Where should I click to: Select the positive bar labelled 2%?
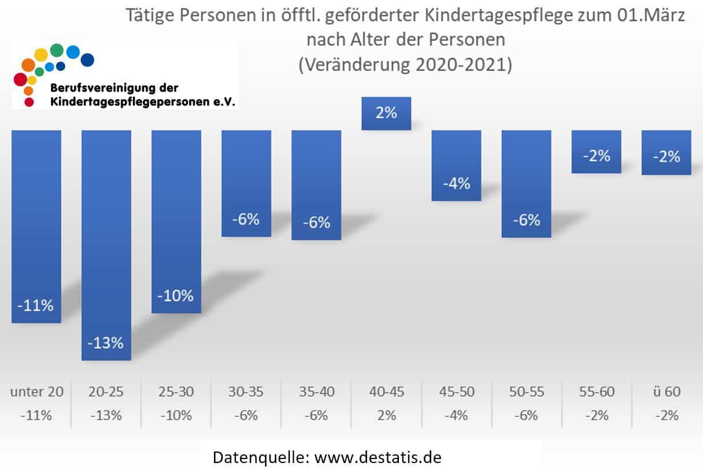click(x=386, y=113)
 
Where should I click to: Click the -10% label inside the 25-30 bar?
click(x=176, y=295)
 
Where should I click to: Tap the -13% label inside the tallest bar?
click(x=106, y=342)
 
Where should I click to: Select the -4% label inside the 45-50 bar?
click(x=456, y=184)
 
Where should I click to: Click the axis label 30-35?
click(x=246, y=391)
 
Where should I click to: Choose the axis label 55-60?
click(x=596, y=391)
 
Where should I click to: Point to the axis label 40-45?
click(x=386, y=391)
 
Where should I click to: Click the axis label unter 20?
click(x=36, y=391)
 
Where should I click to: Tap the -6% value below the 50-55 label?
click(x=526, y=415)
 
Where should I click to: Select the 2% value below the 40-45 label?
click(x=386, y=415)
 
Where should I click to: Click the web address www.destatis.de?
click(x=378, y=457)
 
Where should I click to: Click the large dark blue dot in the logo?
click(x=87, y=59)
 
